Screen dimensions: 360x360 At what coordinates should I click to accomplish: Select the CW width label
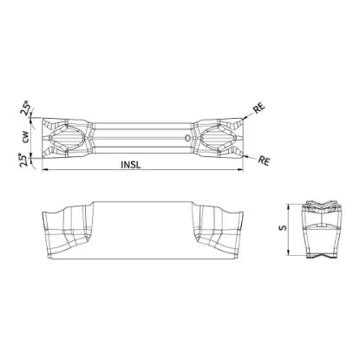[x=26, y=136]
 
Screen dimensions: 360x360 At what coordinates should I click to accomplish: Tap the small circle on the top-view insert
[x=188, y=138]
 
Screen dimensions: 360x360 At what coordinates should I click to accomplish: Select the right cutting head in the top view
[x=216, y=137]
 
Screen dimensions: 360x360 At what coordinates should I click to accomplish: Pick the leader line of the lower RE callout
[x=250, y=155]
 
